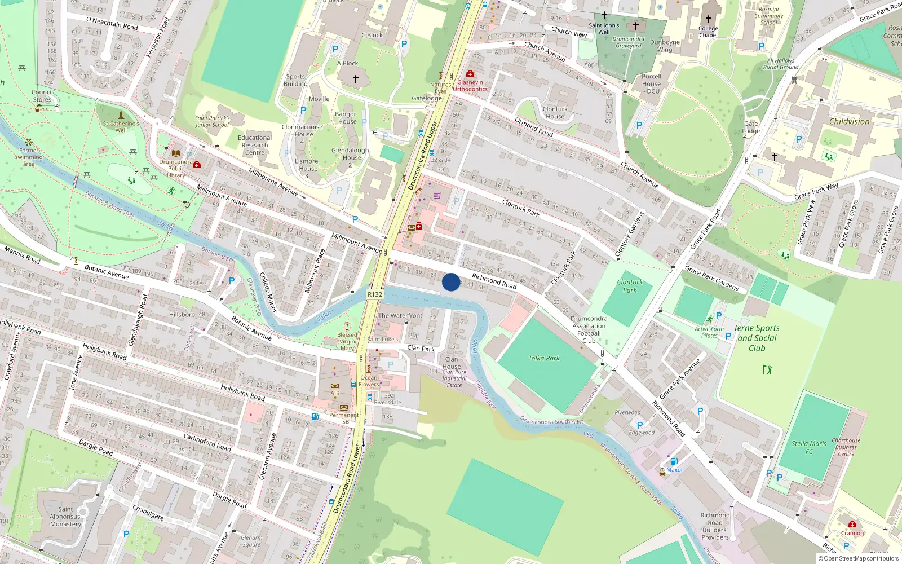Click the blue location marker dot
click(451, 282)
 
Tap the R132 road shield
click(374, 294)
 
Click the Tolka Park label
click(544, 358)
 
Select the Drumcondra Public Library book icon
click(176, 153)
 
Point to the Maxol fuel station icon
click(673, 462)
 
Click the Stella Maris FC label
click(809, 447)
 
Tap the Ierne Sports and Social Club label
click(757, 338)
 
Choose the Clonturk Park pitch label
click(629, 286)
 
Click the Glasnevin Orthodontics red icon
click(470, 74)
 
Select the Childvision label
click(849, 121)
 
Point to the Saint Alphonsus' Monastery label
click(65, 517)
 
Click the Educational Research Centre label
click(255, 145)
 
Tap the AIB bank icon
click(335, 386)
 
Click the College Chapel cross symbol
click(709, 19)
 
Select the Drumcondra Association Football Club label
click(589, 329)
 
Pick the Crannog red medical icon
click(852, 525)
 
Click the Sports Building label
click(295, 80)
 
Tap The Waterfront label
click(400, 316)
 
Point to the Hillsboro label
click(182, 315)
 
